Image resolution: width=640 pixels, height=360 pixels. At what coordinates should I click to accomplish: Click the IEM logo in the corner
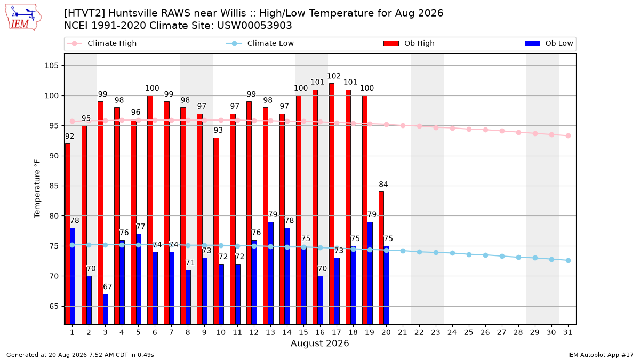coord(23,18)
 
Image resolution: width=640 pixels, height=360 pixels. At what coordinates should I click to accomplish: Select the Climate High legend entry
coord(102,43)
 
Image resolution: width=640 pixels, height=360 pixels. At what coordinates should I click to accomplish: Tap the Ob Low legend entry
coord(549,43)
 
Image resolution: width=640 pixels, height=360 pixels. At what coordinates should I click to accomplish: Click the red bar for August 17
coord(331,204)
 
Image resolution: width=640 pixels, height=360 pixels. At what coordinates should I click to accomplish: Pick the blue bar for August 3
coord(106,309)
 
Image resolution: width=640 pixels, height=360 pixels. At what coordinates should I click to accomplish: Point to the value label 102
coord(334,76)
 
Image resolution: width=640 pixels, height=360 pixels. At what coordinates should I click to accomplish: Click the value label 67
coord(107,286)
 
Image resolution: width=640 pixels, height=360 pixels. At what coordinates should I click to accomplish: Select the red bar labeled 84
coord(381,258)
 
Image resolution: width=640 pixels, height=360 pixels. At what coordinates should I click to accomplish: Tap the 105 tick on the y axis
coord(51,66)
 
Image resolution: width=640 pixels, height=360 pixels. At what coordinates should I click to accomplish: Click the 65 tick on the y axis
coord(54,306)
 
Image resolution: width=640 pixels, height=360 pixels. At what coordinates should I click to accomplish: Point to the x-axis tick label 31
coord(567,333)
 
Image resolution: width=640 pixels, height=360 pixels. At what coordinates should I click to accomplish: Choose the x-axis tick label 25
coord(469,333)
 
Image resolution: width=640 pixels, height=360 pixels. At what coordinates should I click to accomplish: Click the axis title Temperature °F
coord(37,189)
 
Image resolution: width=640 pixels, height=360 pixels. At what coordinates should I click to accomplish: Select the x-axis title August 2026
coord(319,343)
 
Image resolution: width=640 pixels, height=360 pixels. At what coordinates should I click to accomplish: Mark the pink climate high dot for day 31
coord(568,135)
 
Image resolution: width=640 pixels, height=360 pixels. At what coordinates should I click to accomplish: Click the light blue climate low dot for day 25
coord(469,254)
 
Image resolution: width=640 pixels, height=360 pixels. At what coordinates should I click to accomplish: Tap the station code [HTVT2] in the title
coord(85,13)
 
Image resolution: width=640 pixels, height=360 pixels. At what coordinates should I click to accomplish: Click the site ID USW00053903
coord(254,26)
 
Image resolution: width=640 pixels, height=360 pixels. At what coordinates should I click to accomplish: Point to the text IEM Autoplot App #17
coord(601,355)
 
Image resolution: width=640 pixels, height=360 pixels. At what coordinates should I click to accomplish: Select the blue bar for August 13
coord(271,273)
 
